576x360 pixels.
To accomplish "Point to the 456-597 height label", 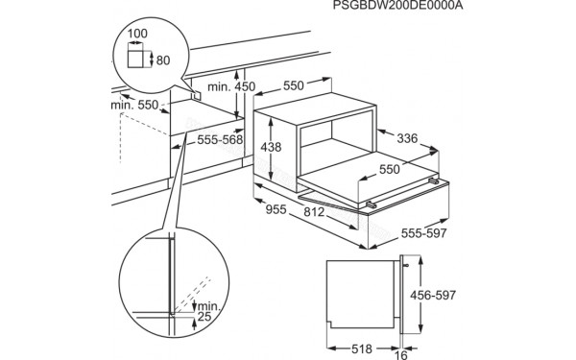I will pyautogui.click(x=460, y=296).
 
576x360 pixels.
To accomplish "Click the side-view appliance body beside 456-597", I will pyautogui.click(x=357, y=292).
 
